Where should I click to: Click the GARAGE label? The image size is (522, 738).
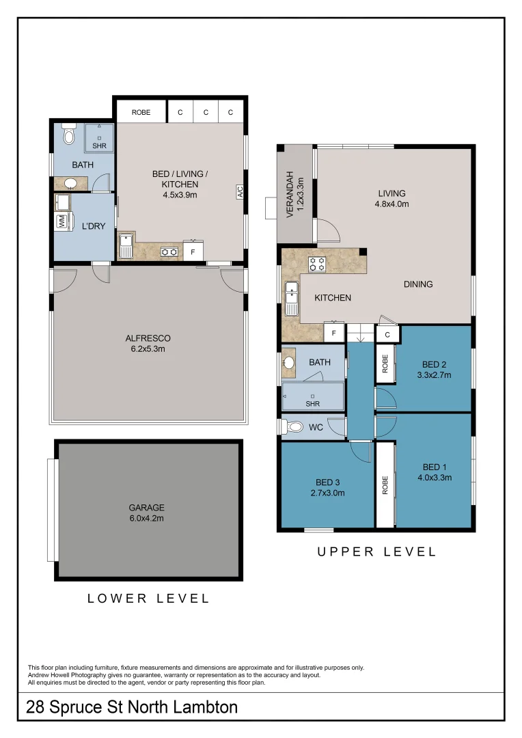coord(146,508)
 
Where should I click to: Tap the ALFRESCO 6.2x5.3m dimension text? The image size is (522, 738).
coord(148,348)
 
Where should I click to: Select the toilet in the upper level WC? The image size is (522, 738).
coord(293,427)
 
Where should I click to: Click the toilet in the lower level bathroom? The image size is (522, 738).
coord(68,135)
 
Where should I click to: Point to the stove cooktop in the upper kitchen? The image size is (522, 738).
coord(316,264)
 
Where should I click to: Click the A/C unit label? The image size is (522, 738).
coord(240,193)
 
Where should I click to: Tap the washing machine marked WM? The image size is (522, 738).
coord(61,221)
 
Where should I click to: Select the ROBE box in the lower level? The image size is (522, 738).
coord(141,112)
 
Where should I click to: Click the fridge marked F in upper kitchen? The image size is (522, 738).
coord(333,333)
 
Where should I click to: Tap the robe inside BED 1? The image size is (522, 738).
coord(385,484)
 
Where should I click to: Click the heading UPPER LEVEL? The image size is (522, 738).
coord(376,551)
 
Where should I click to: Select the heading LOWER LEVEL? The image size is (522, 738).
coord(148,598)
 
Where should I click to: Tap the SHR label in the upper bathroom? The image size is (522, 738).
coord(313,403)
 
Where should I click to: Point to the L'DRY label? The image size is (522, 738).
coord(94,226)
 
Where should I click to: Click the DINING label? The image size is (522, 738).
coord(417,284)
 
